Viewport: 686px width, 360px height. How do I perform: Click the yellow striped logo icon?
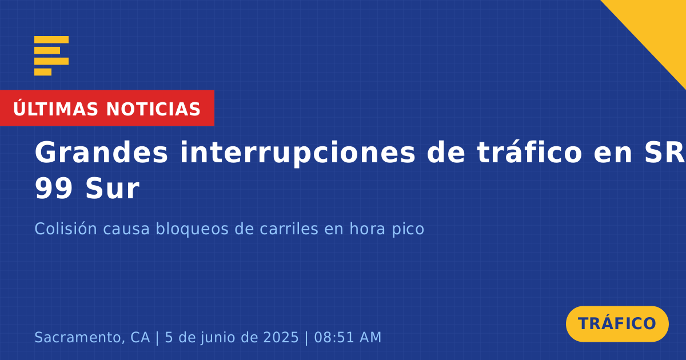pyautogui.click(x=51, y=56)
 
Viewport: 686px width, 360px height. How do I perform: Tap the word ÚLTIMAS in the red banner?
pyautogui.click(x=55, y=109)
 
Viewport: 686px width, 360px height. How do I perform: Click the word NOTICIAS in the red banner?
pyautogui.click(x=153, y=109)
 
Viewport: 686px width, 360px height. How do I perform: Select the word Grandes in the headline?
pyautogui.click(x=101, y=153)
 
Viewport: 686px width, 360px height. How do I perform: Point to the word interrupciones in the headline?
pyautogui.click(x=297, y=153)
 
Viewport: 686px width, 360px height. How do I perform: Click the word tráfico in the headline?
pyautogui.click(x=529, y=152)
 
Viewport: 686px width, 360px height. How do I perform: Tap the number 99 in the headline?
pyautogui.click(x=54, y=189)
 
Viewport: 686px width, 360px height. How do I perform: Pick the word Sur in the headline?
pyautogui.click(x=113, y=189)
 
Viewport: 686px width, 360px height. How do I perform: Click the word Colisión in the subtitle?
pyautogui.click(x=66, y=229)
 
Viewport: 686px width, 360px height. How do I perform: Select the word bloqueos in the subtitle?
pyautogui.click(x=192, y=229)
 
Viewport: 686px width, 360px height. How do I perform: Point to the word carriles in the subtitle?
pyautogui.click(x=289, y=229)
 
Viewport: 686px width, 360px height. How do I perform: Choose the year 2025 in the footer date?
pyautogui.click(x=281, y=337)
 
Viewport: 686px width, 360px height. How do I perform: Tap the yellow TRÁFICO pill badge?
pyautogui.click(x=617, y=324)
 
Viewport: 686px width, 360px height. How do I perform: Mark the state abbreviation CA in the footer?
pyautogui.click(x=140, y=337)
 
